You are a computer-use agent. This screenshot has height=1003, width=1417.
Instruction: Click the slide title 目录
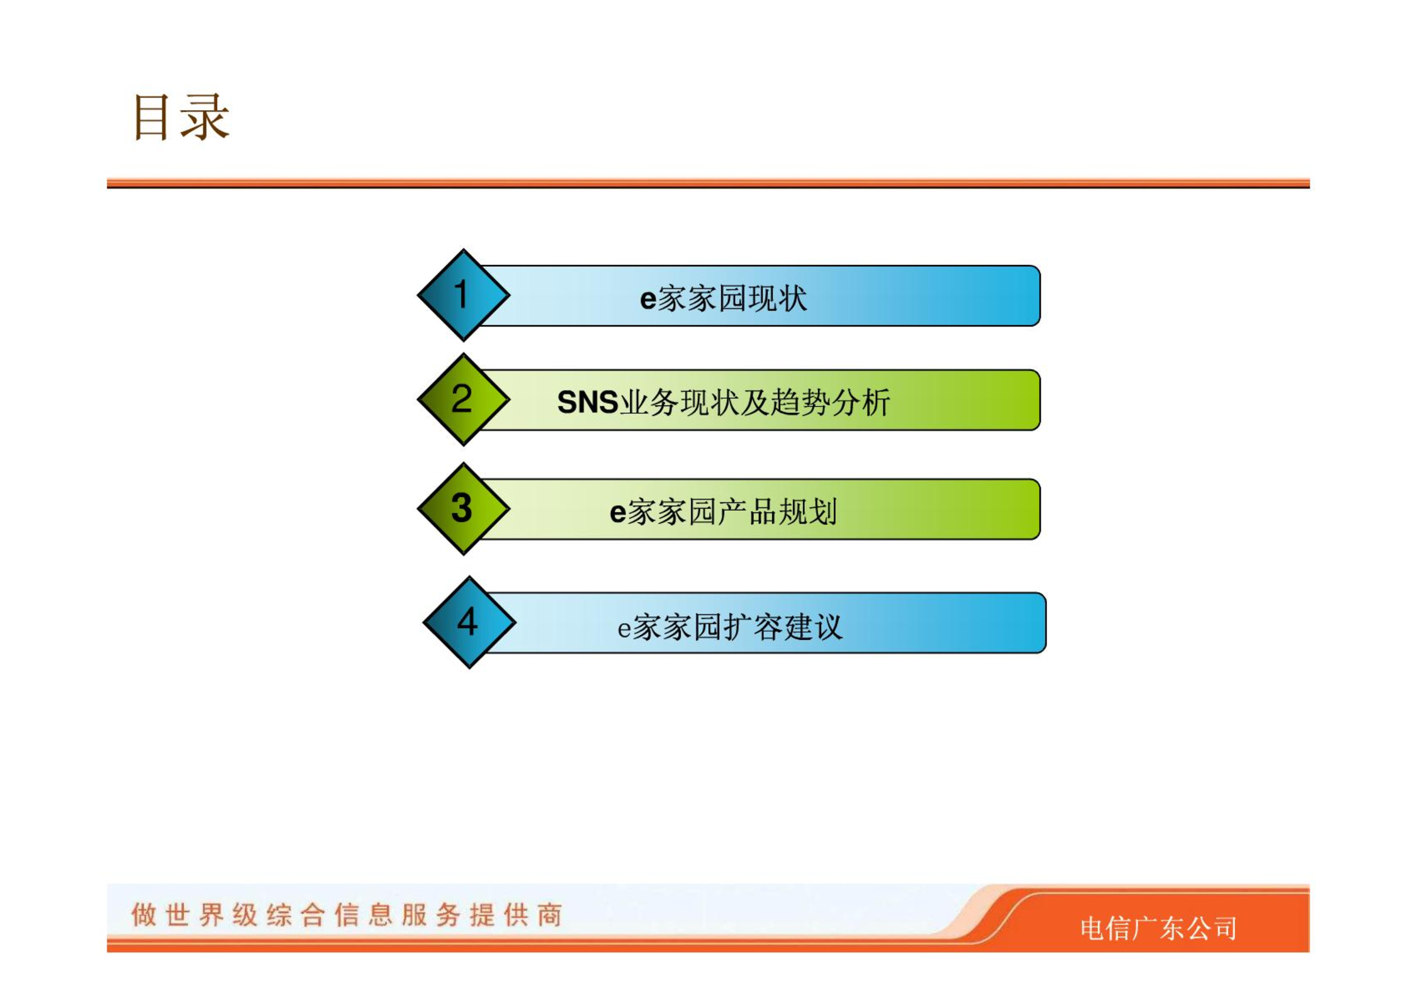181,117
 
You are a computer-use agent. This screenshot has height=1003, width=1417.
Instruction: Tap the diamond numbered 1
464,294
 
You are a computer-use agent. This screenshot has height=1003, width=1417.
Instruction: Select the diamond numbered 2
464,399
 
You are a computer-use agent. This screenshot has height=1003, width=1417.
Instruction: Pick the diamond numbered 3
464,508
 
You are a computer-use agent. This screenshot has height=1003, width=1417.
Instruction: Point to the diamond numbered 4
469,622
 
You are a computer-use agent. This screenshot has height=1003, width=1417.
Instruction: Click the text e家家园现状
723,298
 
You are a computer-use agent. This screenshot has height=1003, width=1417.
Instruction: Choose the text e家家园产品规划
723,512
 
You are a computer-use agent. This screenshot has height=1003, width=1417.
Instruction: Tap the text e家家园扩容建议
730,627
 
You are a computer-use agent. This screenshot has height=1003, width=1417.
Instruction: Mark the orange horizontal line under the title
708,183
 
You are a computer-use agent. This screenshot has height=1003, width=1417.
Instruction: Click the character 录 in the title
205,117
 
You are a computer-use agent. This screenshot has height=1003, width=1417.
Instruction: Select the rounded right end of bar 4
1039,623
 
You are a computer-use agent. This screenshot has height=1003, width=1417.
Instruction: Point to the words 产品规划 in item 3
778,512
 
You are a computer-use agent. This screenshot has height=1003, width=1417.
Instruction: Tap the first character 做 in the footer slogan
143,915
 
